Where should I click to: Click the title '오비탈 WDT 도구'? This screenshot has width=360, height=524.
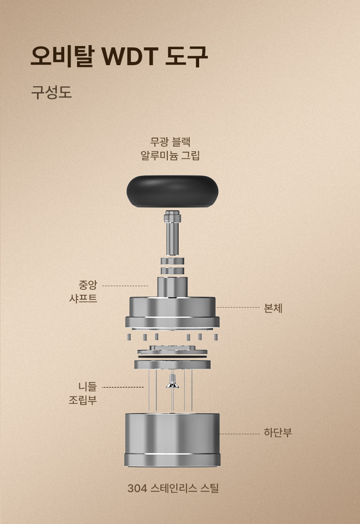tap(119, 56)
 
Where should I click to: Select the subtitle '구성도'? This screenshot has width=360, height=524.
tap(51, 92)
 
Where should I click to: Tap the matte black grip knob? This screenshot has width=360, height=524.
tap(172, 191)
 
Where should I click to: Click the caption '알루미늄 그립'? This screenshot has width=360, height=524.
tap(170, 155)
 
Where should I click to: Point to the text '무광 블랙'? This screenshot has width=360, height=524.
tap(170, 142)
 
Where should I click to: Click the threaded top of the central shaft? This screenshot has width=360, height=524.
tap(172, 218)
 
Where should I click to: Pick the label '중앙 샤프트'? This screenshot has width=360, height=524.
tap(83, 292)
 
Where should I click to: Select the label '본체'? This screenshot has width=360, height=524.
tap(273, 308)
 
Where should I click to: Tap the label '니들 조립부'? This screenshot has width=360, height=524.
tap(83, 393)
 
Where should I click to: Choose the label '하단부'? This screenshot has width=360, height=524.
tap(278, 432)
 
